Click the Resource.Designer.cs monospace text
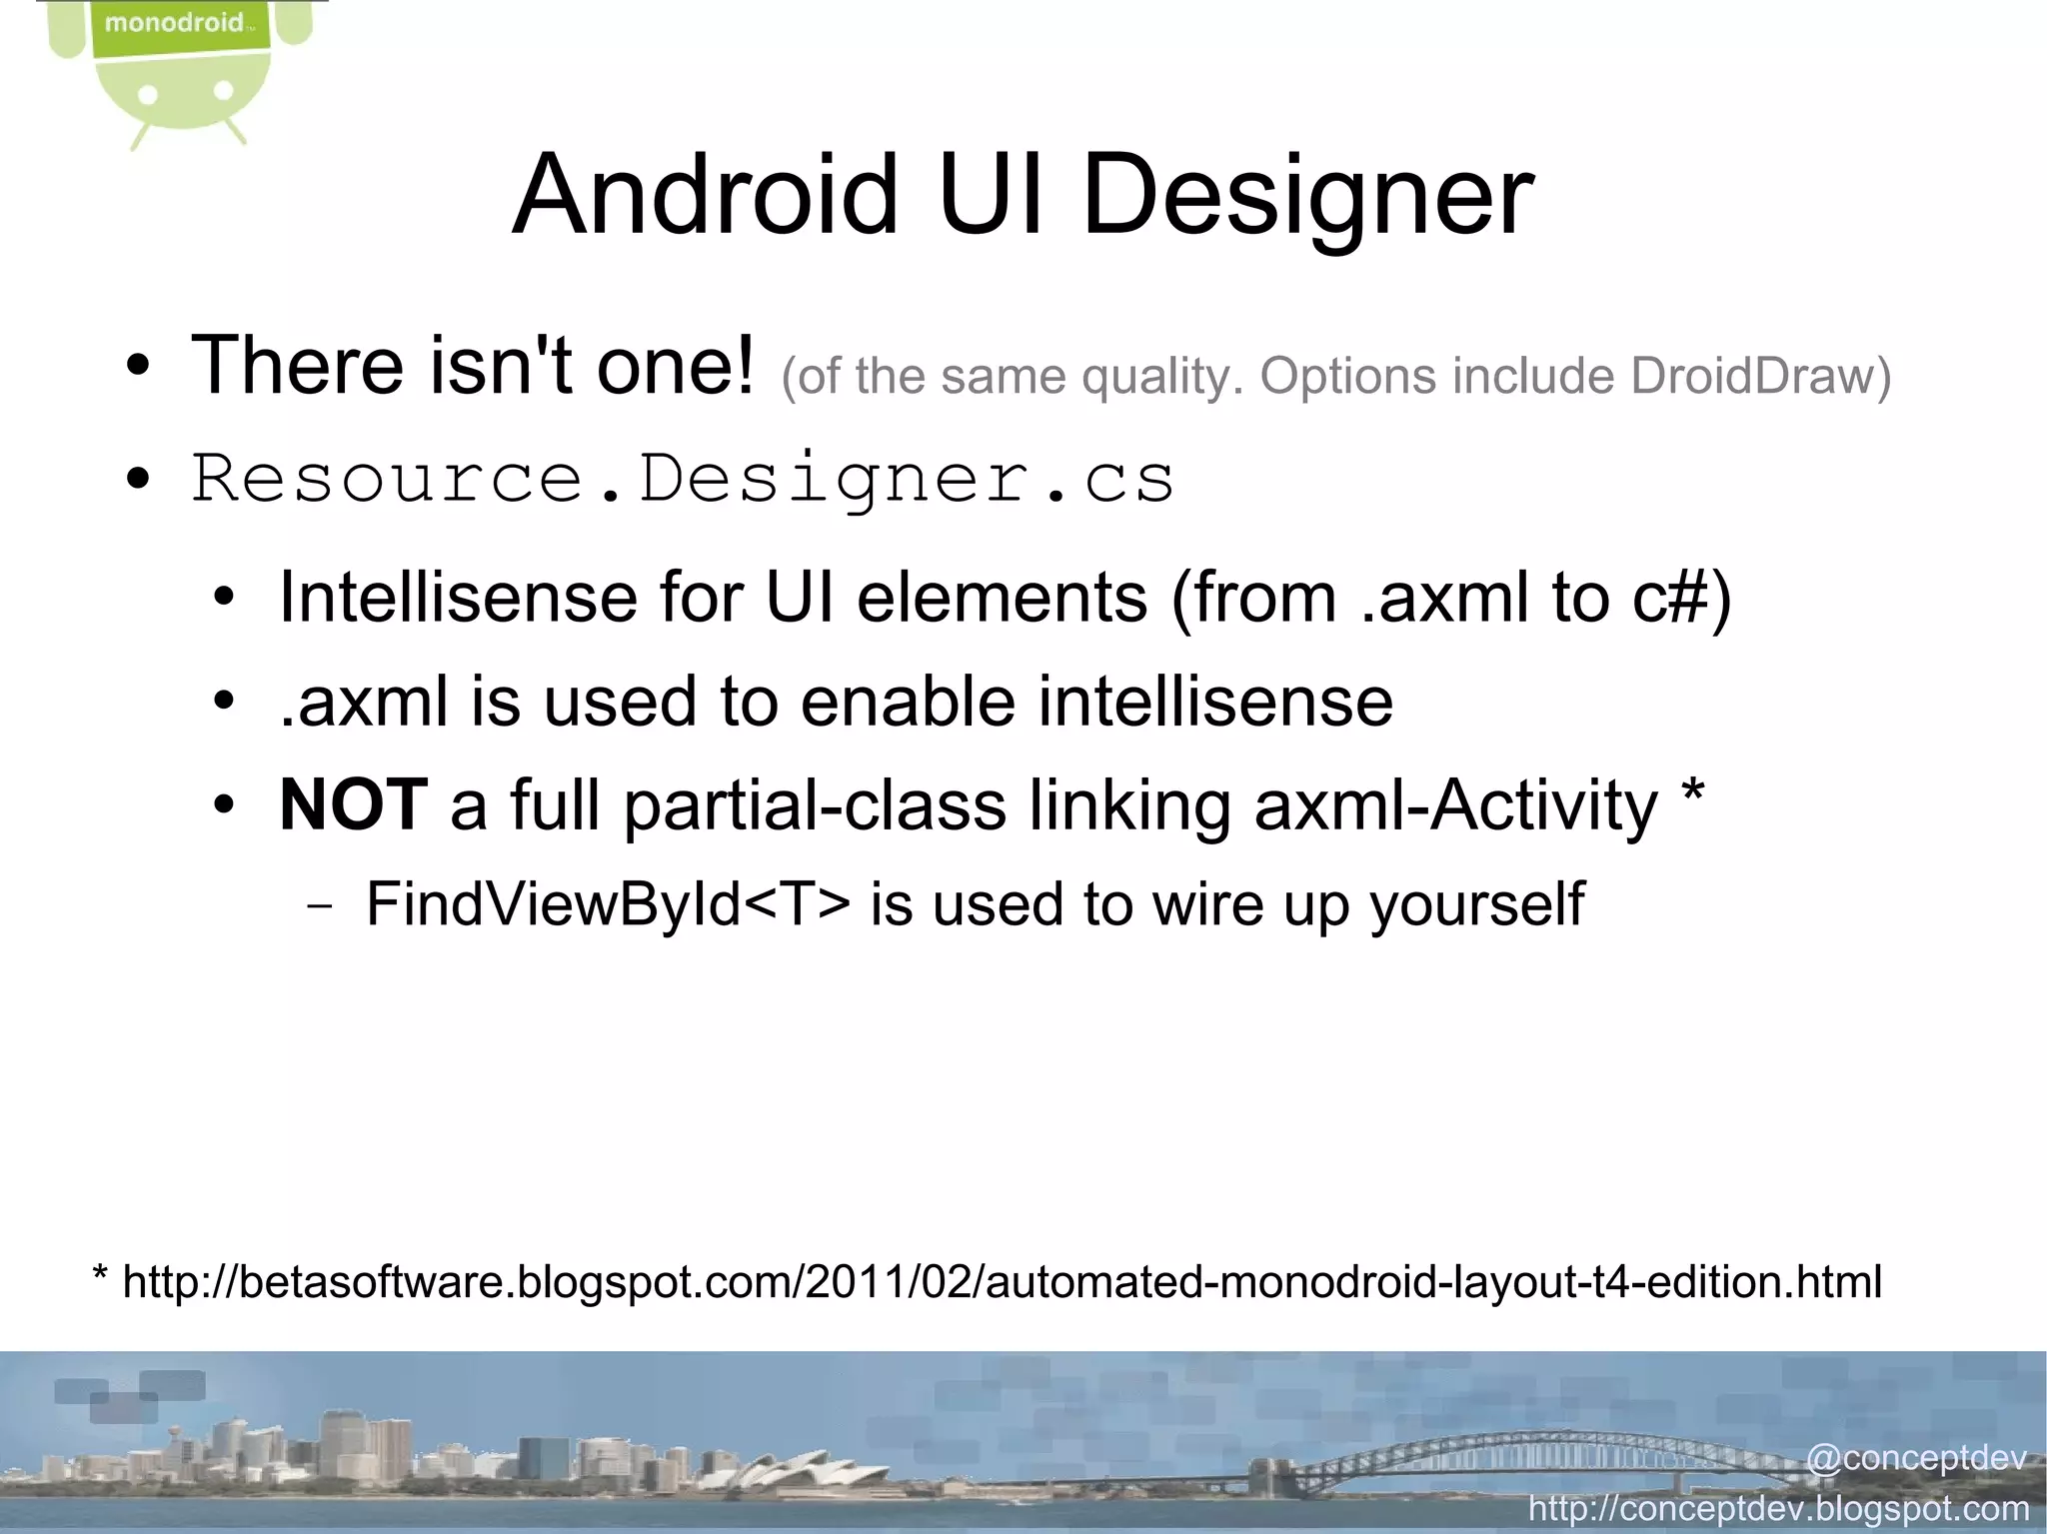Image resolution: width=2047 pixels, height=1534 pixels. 683,479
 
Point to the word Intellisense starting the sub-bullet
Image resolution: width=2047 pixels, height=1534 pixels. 458,598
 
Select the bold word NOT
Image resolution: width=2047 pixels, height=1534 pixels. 354,804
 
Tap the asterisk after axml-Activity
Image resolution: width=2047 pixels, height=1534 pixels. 1693,795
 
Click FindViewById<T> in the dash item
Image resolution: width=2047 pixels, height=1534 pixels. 608,904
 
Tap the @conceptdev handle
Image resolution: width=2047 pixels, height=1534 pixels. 1916,1458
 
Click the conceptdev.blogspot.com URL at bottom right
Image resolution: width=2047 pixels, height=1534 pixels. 1779,1507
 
